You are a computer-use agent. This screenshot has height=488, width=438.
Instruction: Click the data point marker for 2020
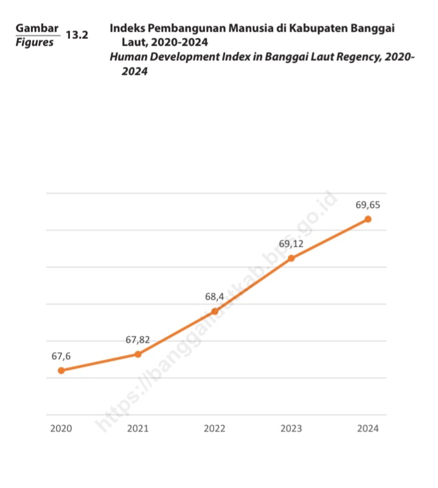pos(61,370)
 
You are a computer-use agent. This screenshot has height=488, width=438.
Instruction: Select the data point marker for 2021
pos(138,354)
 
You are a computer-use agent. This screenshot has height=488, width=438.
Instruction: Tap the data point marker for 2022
pos(215,311)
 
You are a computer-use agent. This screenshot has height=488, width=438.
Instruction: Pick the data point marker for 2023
pos(291,258)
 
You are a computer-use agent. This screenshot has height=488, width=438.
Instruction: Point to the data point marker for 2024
pos(368,219)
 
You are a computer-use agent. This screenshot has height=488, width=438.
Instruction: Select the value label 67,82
pos(138,340)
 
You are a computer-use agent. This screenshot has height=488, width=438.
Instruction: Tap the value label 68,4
pos(215,297)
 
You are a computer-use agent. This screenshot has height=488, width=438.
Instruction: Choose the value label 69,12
pos(291,244)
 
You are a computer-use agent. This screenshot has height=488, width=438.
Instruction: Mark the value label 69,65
pos(368,204)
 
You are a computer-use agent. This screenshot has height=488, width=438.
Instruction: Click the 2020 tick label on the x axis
pos(61,428)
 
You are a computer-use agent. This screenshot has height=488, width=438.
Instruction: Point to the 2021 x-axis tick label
pos(138,428)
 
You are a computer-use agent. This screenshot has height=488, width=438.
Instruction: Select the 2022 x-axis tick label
pos(215,428)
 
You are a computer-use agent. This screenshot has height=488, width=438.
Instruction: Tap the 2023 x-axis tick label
pos(291,428)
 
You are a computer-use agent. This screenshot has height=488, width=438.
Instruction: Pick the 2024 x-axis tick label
pos(368,428)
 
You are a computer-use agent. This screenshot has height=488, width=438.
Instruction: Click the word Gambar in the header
pos(37,28)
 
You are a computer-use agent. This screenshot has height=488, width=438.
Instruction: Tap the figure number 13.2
pos(77,35)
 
